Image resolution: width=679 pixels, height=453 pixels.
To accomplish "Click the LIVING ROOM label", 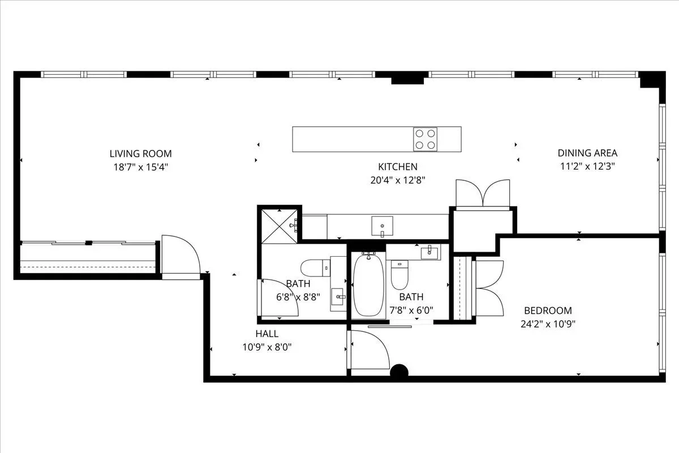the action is pos(141,154).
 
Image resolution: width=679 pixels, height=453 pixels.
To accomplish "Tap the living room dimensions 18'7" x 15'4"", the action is pos(141,167).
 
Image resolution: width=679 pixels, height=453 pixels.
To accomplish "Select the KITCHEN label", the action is pos(398,167).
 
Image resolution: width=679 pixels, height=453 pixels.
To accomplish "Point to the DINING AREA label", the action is pos(587,153).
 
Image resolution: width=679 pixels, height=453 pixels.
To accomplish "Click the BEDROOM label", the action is pos(548,310).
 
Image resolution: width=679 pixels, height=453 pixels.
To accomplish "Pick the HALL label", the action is pos(267,334).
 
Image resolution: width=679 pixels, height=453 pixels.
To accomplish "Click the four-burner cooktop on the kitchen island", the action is pos(426,139).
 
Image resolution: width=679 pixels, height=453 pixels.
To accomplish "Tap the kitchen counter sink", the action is pos(383,226).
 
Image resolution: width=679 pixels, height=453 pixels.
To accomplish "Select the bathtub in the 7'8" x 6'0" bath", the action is pos(368,286).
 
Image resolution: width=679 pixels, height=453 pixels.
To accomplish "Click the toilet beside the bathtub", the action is pos(399,275).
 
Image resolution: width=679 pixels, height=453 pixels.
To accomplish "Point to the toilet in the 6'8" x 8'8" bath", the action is pos(315,268).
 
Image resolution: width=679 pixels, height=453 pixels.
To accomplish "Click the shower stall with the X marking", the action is pos(279,226).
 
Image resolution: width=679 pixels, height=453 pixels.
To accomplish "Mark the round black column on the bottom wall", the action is pos(399,370).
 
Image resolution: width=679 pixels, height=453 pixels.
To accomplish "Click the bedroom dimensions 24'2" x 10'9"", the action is pos(548,324).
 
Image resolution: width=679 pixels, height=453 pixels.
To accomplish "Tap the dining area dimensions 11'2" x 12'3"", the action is pos(587,166).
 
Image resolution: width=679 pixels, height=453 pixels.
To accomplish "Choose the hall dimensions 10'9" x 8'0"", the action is pos(267,347).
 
